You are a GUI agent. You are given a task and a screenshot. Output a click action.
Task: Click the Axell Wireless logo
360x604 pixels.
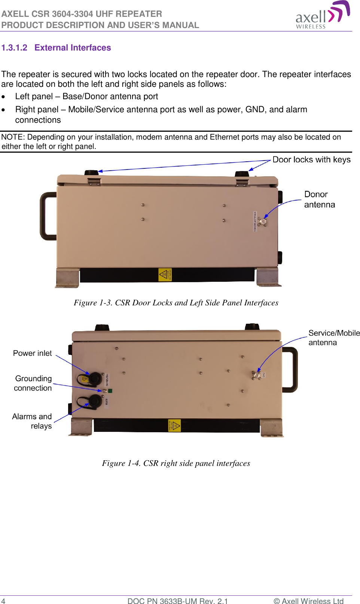click(x=323, y=15)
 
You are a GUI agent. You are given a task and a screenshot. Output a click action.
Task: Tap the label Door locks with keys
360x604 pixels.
click(x=311, y=160)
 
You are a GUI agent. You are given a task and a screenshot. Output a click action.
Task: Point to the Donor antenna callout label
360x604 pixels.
click(x=319, y=199)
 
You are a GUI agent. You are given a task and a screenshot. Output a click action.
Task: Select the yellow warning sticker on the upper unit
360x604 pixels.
click(x=165, y=275)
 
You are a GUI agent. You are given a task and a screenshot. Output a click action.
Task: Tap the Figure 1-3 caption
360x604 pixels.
click(x=176, y=303)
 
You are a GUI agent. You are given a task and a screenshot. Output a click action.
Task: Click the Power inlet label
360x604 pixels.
click(x=32, y=353)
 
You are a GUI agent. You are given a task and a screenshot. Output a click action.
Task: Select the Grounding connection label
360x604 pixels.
click(x=33, y=383)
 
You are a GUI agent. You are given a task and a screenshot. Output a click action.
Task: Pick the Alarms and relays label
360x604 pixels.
click(x=32, y=421)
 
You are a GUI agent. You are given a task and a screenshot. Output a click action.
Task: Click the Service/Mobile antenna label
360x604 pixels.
click(x=333, y=338)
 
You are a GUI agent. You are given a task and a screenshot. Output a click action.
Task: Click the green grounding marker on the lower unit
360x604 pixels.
click(x=110, y=391)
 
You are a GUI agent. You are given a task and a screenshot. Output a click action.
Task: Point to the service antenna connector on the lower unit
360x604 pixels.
click(x=257, y=375)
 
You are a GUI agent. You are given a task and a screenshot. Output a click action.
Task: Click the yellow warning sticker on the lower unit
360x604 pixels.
click(x=174, y=425)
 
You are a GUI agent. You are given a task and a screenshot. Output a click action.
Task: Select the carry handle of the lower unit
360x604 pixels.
click(x=290, y=369)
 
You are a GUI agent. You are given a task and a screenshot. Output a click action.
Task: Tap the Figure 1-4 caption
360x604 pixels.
click(x=176, y=463)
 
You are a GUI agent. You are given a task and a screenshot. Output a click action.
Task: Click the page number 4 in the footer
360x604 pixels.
click(x=3, y=601)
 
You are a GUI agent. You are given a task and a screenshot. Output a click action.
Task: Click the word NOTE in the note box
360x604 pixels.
click(x=12, y=137)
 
